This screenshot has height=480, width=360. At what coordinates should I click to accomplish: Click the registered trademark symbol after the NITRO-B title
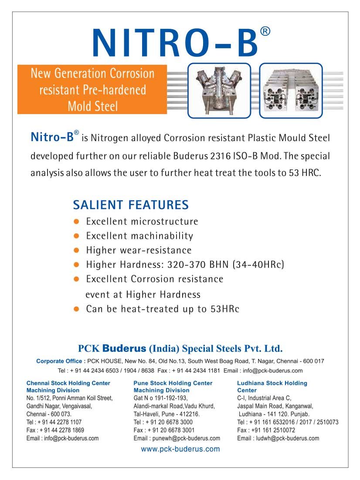click(x=265, y=31)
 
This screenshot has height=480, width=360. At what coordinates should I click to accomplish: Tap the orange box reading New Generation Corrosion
click(x=92, y=89)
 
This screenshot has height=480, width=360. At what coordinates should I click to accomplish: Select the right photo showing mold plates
click(x=291, y=90)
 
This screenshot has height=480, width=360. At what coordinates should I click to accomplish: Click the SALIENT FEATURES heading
click(x=131, y=205)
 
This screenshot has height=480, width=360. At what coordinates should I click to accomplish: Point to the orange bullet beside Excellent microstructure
click(x=76, y=222)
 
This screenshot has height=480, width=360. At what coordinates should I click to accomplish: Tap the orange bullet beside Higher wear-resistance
click(x=76, y=250)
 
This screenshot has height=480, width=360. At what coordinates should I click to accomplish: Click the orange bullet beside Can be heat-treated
click(x=76, y=309)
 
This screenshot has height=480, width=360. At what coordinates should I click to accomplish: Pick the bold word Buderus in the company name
click(x=126, y=348)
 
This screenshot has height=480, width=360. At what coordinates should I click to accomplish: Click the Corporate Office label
click(x=61, y=361)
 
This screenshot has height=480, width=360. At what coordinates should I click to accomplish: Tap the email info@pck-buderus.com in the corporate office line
click(x=272, y=371)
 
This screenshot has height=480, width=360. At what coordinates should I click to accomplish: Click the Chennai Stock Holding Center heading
click(x=68, y=383)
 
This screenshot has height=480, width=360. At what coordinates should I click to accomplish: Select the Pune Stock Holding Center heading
click(x=173, y=383)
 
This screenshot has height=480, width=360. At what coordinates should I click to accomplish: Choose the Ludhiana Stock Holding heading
click(x=272, y=383)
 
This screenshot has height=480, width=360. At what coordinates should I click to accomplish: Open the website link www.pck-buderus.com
click(x=180, y=449)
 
